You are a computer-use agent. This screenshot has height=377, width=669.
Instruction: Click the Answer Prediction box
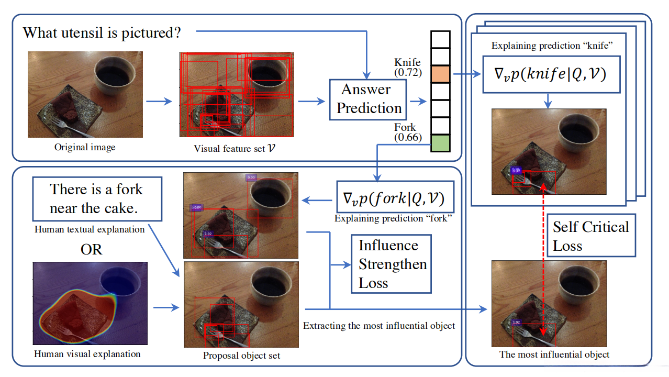point(369,98)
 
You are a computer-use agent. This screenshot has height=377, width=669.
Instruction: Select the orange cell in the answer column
point(440,74)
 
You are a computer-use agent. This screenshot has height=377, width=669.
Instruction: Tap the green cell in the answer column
point(440,143)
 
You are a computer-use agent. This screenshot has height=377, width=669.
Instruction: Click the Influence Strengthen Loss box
point(392,264)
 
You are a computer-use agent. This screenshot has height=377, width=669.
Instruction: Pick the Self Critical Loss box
point(591,235)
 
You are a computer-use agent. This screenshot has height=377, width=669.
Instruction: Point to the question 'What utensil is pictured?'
point(102,33)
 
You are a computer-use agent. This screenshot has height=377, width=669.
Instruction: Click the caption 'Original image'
point(85,147)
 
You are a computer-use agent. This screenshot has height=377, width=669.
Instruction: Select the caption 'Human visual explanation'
point(87,354)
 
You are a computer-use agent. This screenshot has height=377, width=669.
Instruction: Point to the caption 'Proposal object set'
point(242,356)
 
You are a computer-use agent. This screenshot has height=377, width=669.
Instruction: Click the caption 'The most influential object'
point(554,354)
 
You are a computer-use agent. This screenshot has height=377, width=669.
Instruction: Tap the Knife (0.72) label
point(407,68)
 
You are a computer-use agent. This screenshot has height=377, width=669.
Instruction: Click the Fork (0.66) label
point(406,132)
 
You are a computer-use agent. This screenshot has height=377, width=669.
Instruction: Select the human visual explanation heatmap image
point(90,303)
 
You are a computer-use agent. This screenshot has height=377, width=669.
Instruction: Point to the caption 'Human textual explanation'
point(90,229)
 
